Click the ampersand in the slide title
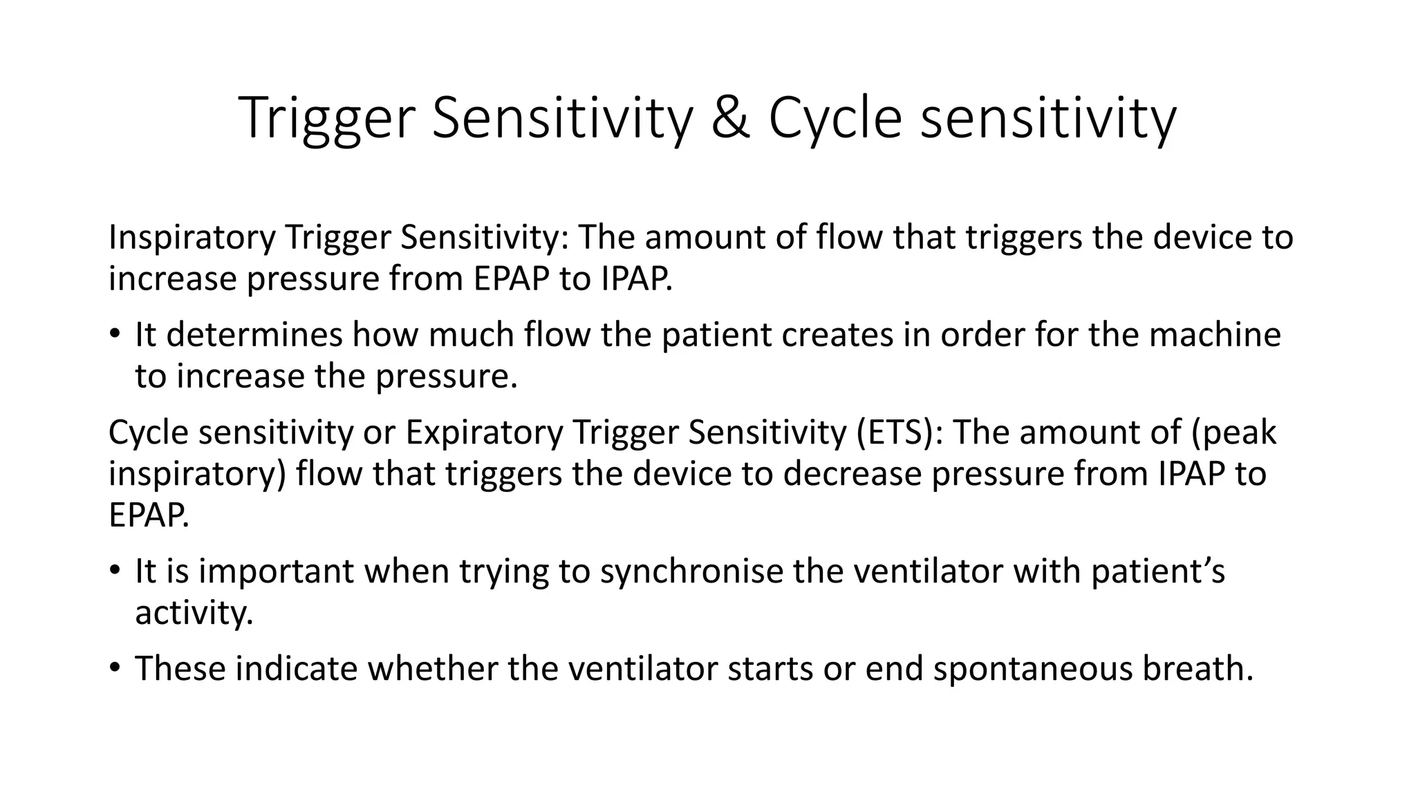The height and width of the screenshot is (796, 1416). pos(729,117)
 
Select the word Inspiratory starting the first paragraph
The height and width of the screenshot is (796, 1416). pos(192,237)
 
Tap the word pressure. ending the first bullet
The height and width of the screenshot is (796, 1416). pos(447,376)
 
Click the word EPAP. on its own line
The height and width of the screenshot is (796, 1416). pos(149,515)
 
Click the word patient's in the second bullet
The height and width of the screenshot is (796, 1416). pos(1157,571)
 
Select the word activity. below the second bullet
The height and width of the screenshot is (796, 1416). pos(194,613)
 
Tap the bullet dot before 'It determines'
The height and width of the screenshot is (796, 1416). pos(114,334)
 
